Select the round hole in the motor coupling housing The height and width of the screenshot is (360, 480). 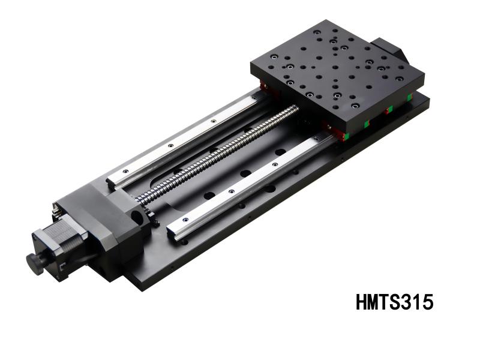pyautogui.click(x=137, y=215)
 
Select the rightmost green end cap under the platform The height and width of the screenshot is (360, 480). pyautogui.click(x=409, y=96)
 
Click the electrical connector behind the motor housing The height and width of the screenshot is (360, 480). pyautogui.click(x=56, y=208)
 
